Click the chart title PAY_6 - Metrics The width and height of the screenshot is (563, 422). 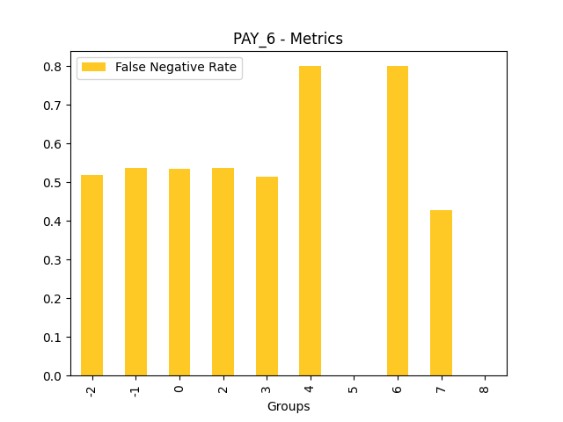tap(288, 39)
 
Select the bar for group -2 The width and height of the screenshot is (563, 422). tap(91, 275)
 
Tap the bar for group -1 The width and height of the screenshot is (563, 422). tap(135, 272)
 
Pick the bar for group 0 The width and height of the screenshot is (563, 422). tap(179, 273)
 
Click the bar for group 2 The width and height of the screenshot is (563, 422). tap(223, 272)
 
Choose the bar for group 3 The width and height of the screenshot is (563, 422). tap(267, 276)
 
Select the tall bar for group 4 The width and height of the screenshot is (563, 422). tap(310, 221)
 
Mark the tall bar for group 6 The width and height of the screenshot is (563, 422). tap(398, 221)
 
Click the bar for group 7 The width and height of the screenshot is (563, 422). tap(441, 293)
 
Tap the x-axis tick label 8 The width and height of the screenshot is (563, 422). tap(485, 387)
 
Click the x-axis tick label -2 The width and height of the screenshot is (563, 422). tap(91, 389)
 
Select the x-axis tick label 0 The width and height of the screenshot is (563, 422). tap(179, 387)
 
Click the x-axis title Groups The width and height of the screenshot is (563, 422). tap(289, 406)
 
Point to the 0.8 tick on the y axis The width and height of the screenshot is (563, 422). tap(54, 67)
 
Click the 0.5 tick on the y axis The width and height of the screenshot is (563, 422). tap(54, 183)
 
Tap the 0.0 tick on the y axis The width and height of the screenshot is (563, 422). tap(54, 376)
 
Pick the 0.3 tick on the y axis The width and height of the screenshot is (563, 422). tap(54, 260)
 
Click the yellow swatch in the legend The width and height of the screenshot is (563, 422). tap(93, 68)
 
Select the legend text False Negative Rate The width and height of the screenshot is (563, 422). tap(176, 68)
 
